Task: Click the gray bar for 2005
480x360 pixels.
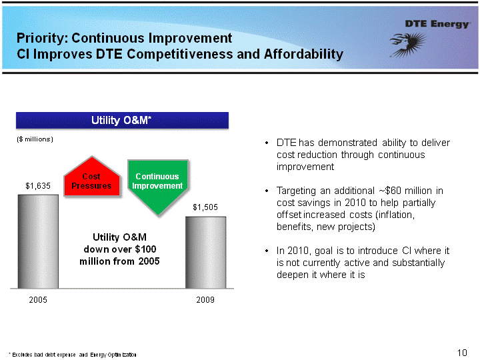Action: coord(38,241)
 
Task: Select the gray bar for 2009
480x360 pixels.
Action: coord(206,253)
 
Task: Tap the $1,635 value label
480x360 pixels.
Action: coord(38,186)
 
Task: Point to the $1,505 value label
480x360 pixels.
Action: coord(205,207)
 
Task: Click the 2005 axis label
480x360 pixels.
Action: coord(38,300)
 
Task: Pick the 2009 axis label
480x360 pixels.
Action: coord(205,300)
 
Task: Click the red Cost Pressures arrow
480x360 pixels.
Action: coord(91,177)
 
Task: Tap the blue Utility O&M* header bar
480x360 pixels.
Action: coord(122,120)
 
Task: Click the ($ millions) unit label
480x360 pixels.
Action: coord(35,139)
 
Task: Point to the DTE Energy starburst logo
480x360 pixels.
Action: coord(408,45)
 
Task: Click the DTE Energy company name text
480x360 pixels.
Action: coord(437,24)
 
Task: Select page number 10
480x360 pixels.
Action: coord(462,353)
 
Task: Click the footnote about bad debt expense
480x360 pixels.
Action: coord(72,355)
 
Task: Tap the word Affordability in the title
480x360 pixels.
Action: coord(303,54)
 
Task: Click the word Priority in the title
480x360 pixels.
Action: coord(43,38)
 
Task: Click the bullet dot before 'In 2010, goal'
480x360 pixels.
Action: coord(267,251)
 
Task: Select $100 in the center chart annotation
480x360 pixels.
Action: coord(145,249)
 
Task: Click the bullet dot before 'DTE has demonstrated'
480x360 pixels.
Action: coord(267,143)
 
